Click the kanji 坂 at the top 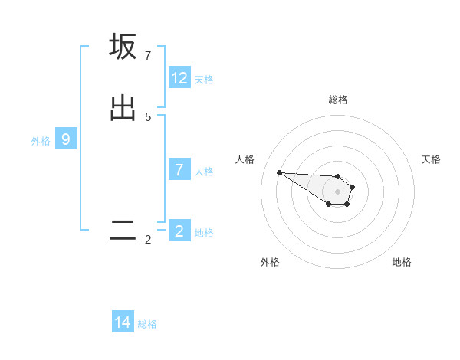coord(123,47)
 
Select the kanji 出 coord(123,107)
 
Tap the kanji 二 coord(123,231)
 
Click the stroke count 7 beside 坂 coord(147,55)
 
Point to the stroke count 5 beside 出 coord(147,117)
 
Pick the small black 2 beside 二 coord(147,240)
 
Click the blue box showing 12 coord(179,78)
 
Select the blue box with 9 coord(66,139)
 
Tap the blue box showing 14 coord(123,322)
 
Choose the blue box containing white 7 coord(179,170)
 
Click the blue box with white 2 coord(179,231)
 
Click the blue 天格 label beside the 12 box coord(204,80)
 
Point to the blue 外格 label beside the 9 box coord(41,141)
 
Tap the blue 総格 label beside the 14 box coord(147,324)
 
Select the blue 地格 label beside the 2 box coord(204,233)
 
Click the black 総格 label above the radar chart coord(338,100)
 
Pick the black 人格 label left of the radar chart coord(245,159)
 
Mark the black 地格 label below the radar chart coord(402,262)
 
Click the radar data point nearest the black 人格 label coord(279,172)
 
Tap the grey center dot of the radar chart coord(337,191)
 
